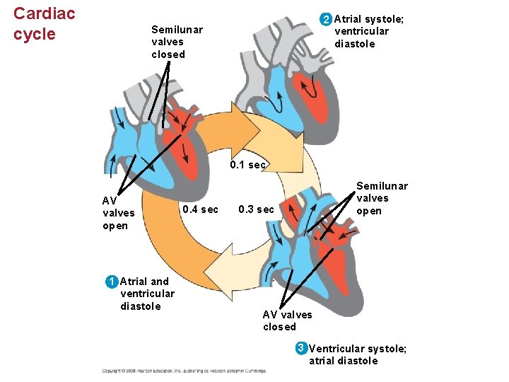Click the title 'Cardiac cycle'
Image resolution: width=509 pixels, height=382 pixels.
pos(44,23)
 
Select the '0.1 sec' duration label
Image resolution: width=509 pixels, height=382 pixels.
pos(248,165)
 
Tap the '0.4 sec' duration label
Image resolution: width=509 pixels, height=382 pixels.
pos(201,209)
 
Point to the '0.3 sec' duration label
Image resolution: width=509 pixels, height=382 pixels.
pos(256,209)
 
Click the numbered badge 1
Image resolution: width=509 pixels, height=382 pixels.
pos(111,282)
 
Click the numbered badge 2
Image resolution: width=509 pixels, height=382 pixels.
pos(325,18)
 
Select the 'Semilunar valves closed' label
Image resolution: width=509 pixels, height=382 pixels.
pos(177,42)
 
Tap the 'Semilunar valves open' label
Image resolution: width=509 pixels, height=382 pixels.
pos(382,198)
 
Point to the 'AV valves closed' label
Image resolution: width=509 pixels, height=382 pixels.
pos(287,320)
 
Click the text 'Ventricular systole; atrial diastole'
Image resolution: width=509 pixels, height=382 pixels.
pos(357,354)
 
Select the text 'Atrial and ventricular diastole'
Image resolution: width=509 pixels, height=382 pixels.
pos(147,294)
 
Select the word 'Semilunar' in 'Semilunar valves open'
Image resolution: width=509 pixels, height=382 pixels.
pos(382,186)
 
